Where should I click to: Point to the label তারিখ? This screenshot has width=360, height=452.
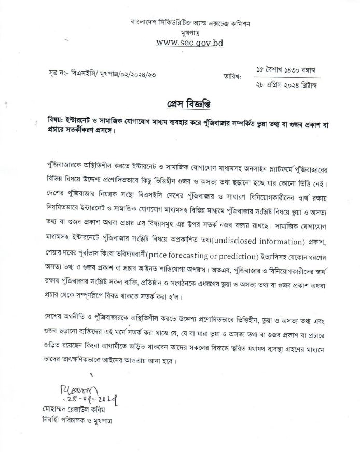click(233, 78)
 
